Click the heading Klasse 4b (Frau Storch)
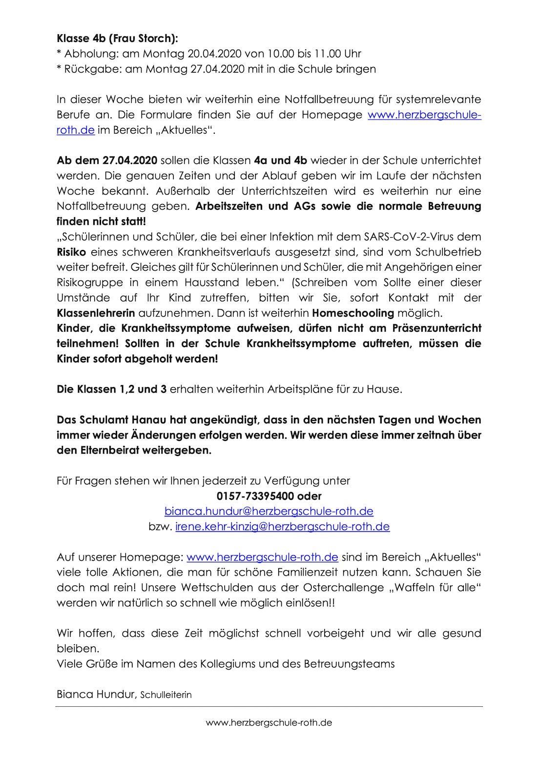pyautogui.click(x=117, y=38)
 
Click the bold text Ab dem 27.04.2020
pyautogui.click(x=107, y=160)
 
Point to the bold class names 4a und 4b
pyautogui.click(x=281, y=160)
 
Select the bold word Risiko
pyautogui.click(x=72, y=252)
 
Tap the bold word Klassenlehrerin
pyautogui.click(x=96, y=313)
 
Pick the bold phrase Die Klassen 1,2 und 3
pyautogui.click(x=112, y=389)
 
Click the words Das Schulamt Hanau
pyautogui.click(x=104, y=419)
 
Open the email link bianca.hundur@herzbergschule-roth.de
pyautogui.click(x=269, y=511)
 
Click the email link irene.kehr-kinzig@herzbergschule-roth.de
pyautogui.click(x=282, y=526)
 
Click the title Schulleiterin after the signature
pyautogui.click(x=166, y=695)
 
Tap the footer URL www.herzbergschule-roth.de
pyautogui.click(x=269, y=722)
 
